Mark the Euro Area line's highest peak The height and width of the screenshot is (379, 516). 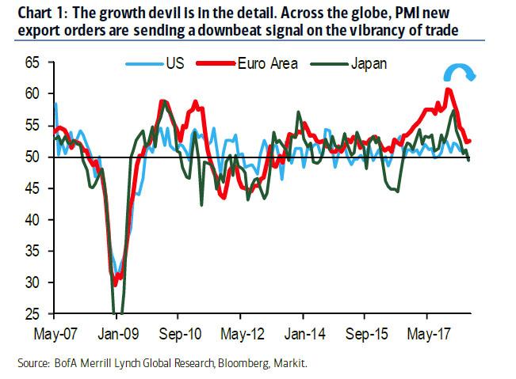[x=449, y=89]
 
